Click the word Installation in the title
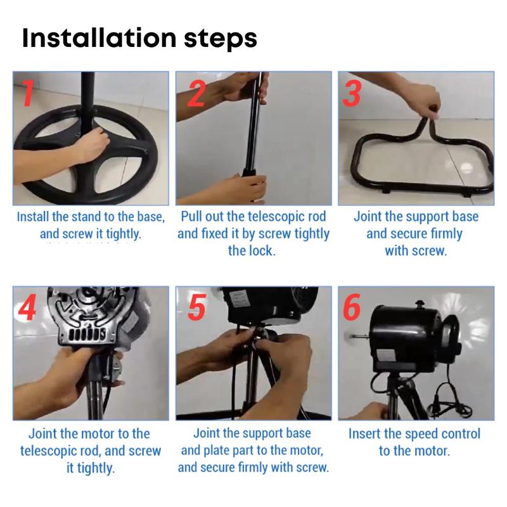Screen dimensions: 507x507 [99, 37]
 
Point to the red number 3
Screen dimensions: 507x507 [352, 93]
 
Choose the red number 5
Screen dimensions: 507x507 [196, 307]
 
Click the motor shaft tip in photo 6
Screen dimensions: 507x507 [354, 337]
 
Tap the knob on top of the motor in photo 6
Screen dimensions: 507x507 [420, 304]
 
